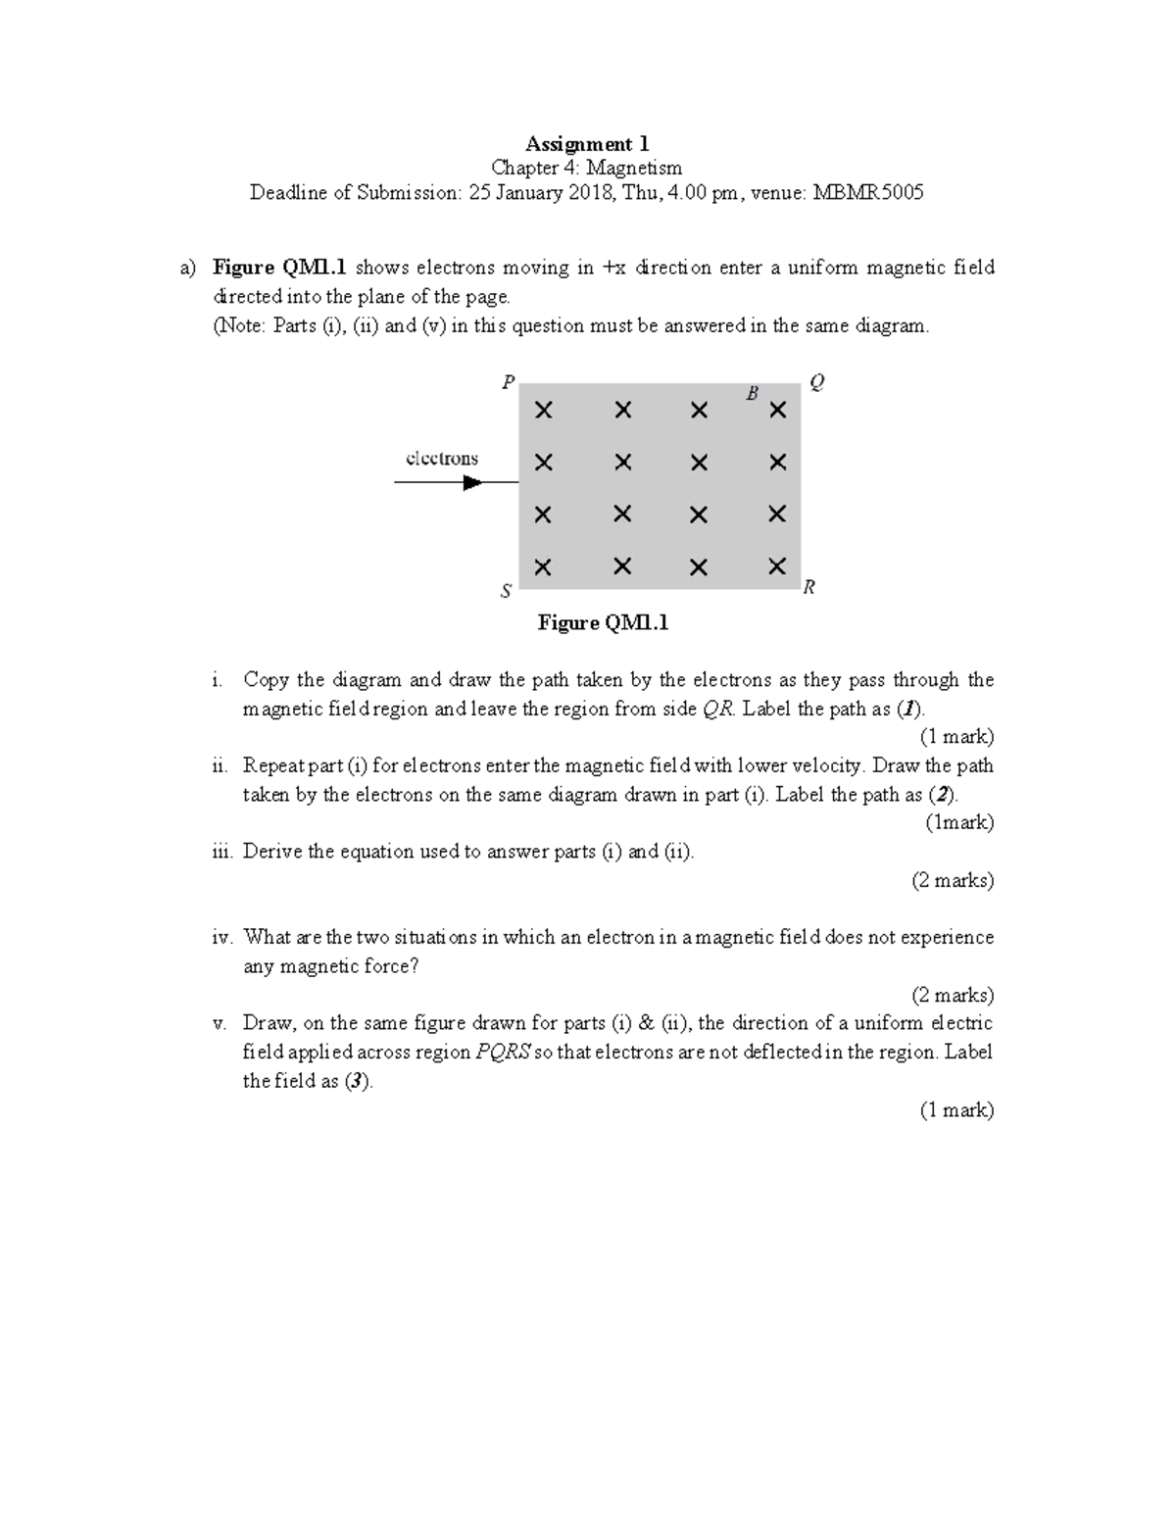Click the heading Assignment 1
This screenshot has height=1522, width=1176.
coord(587,144)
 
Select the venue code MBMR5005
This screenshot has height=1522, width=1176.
coord(868,192)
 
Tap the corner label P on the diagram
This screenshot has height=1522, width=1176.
coord(508,383)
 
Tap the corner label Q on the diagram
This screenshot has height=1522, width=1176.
coord(816,383)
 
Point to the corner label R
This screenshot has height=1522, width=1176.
coord(809,587)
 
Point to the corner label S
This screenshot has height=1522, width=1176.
coord(506,591)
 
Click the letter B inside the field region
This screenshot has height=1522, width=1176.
coord(753,394)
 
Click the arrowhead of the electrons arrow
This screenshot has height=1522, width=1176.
coord(473,482)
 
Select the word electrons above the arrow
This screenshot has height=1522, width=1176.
coord(442,458)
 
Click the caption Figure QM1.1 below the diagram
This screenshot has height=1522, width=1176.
coord(603,622)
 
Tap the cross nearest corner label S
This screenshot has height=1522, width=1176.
coord(543,566)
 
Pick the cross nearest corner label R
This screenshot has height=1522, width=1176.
coord(777,565)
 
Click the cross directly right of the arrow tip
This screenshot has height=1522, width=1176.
coord(543,463)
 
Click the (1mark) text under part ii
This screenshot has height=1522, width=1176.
coord(959,822)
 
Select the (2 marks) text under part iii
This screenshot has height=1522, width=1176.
coord(953,880)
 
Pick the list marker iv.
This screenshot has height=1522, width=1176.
coord(222,937)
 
